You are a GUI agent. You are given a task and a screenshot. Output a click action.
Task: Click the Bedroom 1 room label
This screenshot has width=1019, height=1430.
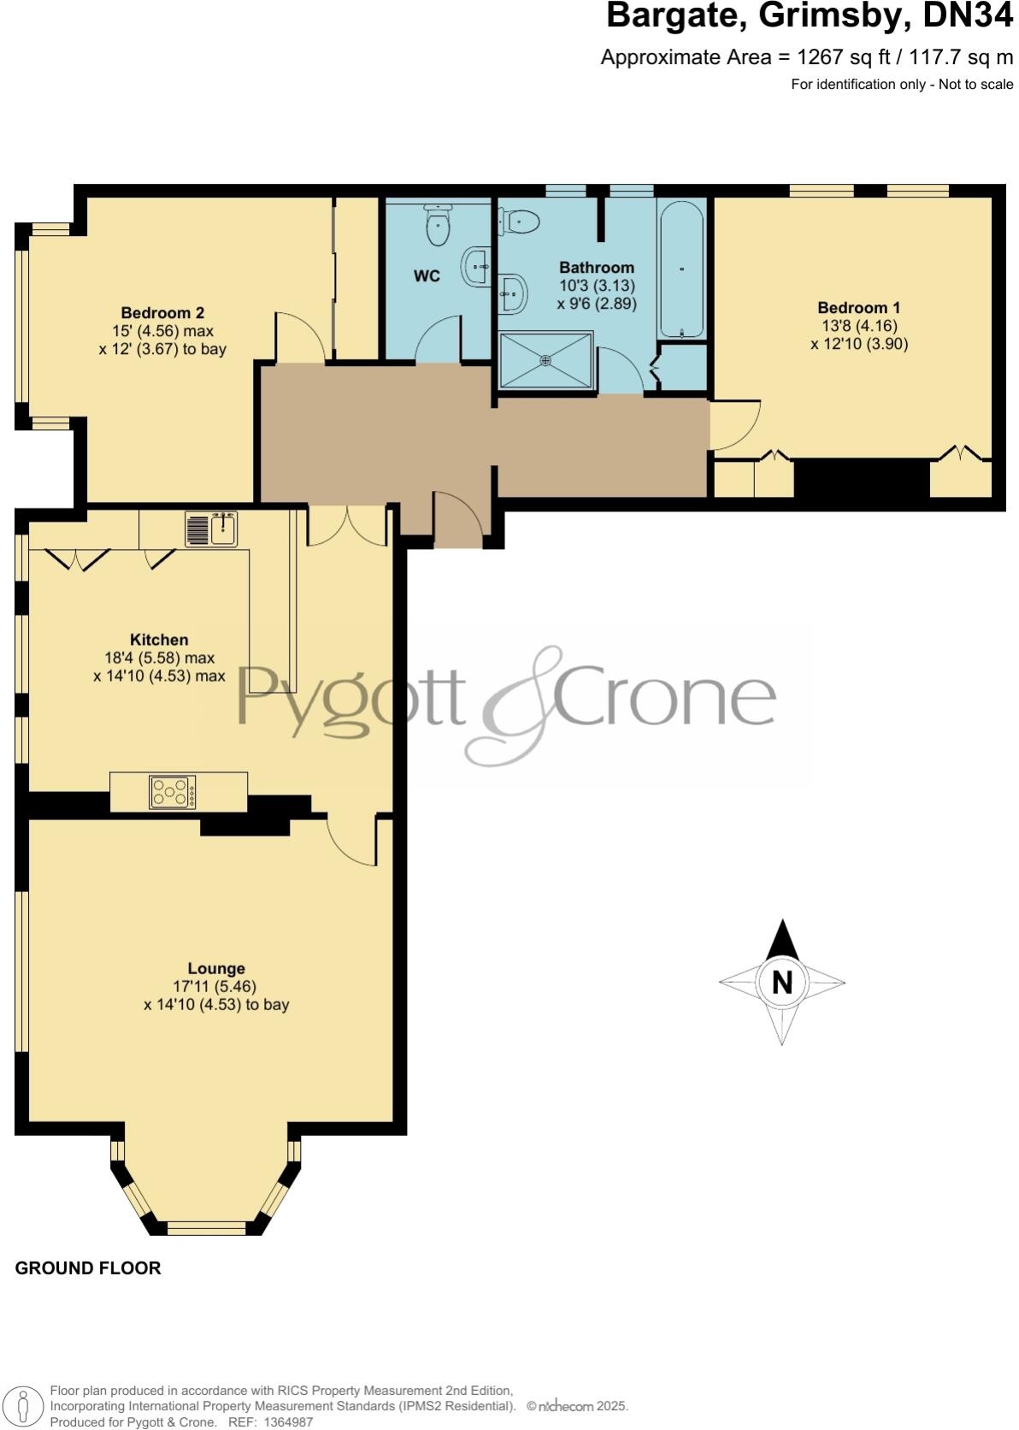pyautogui.click(x=858, y=308)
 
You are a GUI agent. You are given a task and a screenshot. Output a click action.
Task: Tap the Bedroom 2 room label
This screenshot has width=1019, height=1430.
pyautogui.click(x=162, y=313)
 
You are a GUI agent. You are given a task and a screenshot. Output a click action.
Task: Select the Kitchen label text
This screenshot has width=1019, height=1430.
pyautogui.click(x=159, y=640)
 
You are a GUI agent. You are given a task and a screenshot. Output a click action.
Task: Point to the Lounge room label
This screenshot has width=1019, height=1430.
pyautogui.click(x=216, y=968)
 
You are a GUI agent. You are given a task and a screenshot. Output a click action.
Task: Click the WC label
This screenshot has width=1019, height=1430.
pyautogui.click(x=427, y=276)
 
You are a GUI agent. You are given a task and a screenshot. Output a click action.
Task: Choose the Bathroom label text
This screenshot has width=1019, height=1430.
pyautogui.click(x=597, y=268)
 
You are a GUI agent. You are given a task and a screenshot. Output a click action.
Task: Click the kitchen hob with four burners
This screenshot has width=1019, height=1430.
pyautogui.click(x=173, y=792)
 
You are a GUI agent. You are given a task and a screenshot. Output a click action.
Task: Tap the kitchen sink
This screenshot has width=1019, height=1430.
pyautogui.click(x=212, y=529)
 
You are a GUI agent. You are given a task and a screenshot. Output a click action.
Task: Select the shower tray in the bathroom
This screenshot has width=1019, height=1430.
pyautogui.click(x=546, y=361)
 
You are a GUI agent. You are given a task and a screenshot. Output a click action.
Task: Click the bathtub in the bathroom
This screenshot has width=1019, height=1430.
pyautogui.click(x=681, y=269)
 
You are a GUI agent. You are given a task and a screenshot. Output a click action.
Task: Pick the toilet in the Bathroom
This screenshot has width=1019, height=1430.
pyautogui.click(x=520, y=222)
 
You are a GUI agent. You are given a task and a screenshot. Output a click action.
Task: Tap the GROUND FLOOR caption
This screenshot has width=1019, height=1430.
pyautogui.click(x=88, y=1268)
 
